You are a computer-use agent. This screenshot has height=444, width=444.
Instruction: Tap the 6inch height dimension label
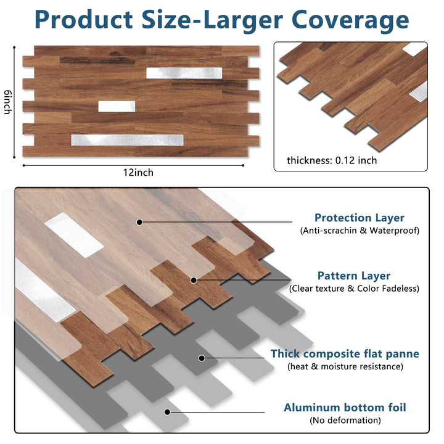pos(8,101)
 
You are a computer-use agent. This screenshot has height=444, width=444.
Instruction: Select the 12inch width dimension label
pos(138,173)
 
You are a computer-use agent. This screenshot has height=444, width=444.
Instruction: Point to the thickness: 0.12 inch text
pos(331,160)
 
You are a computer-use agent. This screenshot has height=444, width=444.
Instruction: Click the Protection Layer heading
pos(359,218)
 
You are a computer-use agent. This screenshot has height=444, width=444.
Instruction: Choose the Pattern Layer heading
pos(353,276)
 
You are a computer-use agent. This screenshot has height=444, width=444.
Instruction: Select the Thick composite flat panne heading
pos(345,354)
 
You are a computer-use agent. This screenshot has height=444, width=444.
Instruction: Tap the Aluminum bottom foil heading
pos(345,408)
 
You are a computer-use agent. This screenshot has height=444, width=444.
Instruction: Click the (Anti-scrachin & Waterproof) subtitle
pos(359,231)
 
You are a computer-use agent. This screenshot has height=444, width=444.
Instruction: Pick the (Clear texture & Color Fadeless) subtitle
pos(353,289)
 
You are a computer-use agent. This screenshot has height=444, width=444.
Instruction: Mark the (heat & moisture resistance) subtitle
pos(345,366)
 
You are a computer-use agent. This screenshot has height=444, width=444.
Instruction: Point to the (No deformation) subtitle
pos(345,421)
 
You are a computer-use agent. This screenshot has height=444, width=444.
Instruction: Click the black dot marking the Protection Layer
pos(140,221)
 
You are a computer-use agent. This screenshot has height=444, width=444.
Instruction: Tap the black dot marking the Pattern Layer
pos(194,280)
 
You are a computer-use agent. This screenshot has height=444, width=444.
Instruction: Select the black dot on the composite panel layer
pos(201,357)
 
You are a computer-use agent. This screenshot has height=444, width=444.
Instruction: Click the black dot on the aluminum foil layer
pos(166,411)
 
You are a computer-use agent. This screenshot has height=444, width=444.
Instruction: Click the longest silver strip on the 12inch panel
pos(128,140)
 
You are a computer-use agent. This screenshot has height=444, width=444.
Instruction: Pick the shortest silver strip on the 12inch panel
pos(117,106)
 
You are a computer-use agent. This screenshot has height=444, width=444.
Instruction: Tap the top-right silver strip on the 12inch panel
pos(184,72)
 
